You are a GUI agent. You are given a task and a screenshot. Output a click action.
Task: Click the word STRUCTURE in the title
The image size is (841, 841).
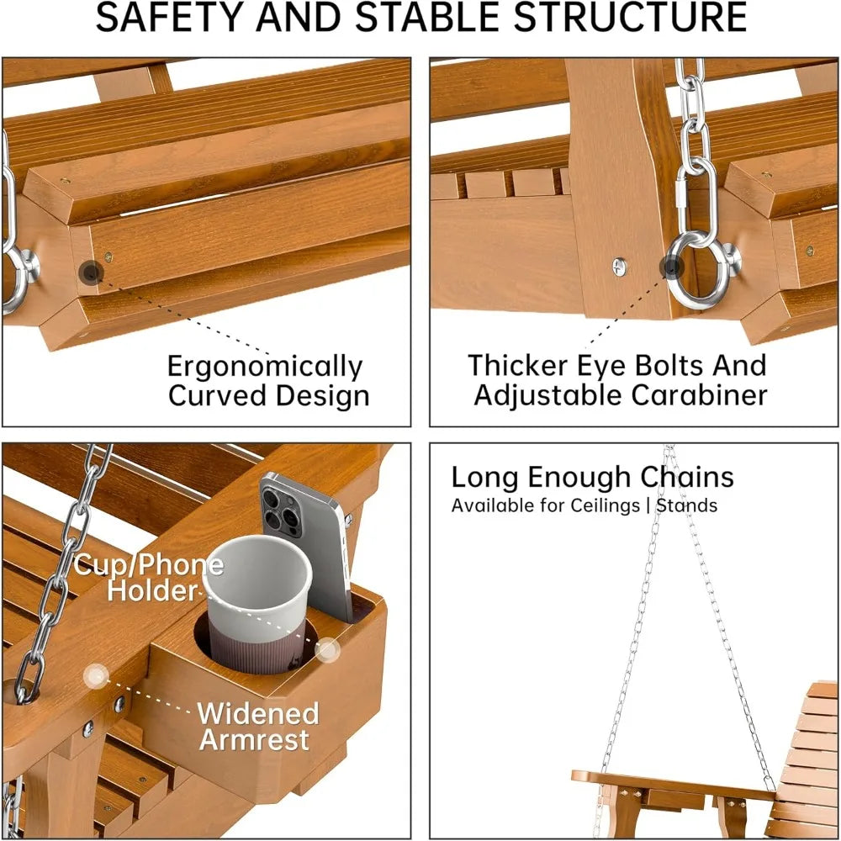pos(630,17)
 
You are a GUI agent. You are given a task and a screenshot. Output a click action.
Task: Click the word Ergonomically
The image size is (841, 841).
pos(265,368)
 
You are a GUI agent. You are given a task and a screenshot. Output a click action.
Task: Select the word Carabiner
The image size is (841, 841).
pos(699,395)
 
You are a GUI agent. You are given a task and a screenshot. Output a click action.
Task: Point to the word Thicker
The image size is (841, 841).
pos(518,365)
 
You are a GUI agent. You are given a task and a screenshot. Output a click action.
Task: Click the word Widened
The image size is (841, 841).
pos(258,714)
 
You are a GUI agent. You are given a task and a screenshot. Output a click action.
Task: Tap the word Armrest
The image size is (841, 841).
pos(254,739)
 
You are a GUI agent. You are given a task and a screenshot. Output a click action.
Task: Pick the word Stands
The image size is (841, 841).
pos(687,505)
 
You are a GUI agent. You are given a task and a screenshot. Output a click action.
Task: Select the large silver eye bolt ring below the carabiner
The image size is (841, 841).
pos(697,268)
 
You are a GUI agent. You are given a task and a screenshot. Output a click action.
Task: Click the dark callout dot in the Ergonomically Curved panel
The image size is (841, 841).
pos(91,272)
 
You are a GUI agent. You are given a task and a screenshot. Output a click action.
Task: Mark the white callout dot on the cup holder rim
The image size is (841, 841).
pos(326,650)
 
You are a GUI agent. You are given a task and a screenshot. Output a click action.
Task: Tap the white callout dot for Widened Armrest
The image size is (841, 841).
pos(96,676)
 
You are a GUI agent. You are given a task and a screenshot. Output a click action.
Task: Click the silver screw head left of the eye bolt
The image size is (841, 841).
pos(620,266)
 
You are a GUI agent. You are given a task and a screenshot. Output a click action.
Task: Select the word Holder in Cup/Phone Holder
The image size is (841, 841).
pos(152,590)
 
